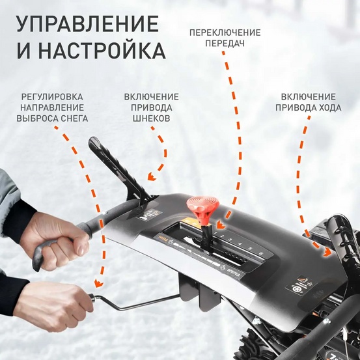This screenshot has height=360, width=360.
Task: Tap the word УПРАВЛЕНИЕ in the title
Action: point(87,23)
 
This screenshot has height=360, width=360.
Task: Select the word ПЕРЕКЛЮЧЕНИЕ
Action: point(225,33)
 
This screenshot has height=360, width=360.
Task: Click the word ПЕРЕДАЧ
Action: point(225,44)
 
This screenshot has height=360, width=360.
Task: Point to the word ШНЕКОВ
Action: point(151,119)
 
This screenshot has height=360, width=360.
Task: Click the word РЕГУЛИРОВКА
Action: point(52,97)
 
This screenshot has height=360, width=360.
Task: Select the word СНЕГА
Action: point(71,118)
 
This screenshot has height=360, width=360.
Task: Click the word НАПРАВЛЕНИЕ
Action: point(52,107)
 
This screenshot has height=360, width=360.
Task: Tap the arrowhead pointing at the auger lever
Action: point(150,176)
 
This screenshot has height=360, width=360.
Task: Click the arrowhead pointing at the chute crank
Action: point(98,284)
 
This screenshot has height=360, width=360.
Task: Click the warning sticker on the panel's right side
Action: point(298,287)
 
